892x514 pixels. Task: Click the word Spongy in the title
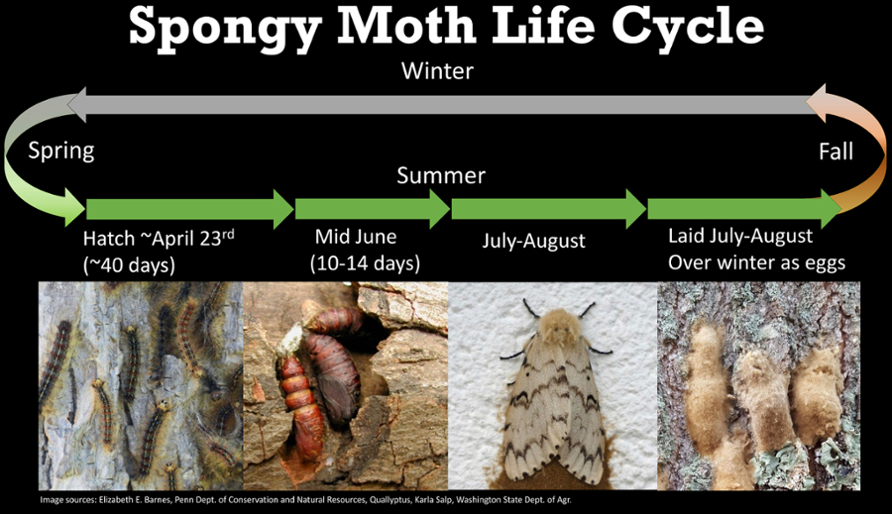tap(225, 29)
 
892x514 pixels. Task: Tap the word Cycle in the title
tap(688, 28)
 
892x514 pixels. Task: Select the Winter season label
tap(437, 71)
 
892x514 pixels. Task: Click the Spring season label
tap(61, 152)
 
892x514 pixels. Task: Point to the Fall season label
tap(836, 152)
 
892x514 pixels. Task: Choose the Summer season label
tap(441, 175)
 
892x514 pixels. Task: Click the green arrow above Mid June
tap(372, 209)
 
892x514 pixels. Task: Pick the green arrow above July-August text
tap(548, 209)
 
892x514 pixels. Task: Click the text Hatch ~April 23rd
tap(159, 239)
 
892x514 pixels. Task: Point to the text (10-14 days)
tap(365, 263)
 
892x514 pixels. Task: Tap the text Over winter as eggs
tap(756, 262)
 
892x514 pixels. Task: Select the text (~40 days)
tap(129, 265)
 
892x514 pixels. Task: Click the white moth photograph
tap(553, 385)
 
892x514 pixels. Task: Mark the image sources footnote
tap(305, 500)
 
